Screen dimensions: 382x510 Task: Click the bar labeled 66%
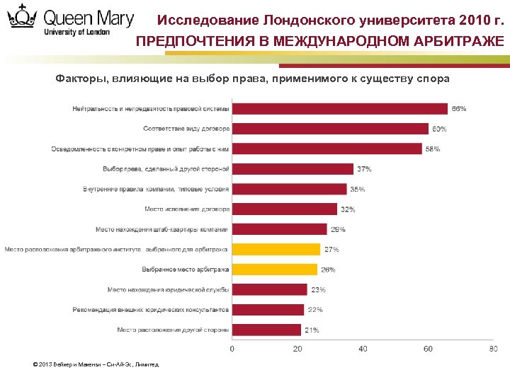tap(340, 108)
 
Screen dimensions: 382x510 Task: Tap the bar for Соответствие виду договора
tap(330, 129)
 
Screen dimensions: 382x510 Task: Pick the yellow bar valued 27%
tap(276, 249)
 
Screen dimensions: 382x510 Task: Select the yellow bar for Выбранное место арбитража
tap(275, 270)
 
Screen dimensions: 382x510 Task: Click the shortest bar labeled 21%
tap(267, 330)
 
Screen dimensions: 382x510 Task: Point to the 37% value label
tap(364, 169)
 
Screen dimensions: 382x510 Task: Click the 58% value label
tap(432, 149)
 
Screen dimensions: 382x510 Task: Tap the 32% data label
tap(348, 209)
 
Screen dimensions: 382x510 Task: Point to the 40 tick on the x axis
tap(363, 349)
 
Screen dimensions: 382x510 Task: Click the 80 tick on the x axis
tap(493, 349)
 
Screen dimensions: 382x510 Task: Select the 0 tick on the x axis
tap(233, 349)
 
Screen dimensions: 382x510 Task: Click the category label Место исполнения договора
tap(187, 209)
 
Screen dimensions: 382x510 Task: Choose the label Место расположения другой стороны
tap(173, 330)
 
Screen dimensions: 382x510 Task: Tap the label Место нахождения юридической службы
tap(169, 289)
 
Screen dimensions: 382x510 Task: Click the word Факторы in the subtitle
tap(79, 78)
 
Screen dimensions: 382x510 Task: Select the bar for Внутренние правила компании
tap(290, 189)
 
